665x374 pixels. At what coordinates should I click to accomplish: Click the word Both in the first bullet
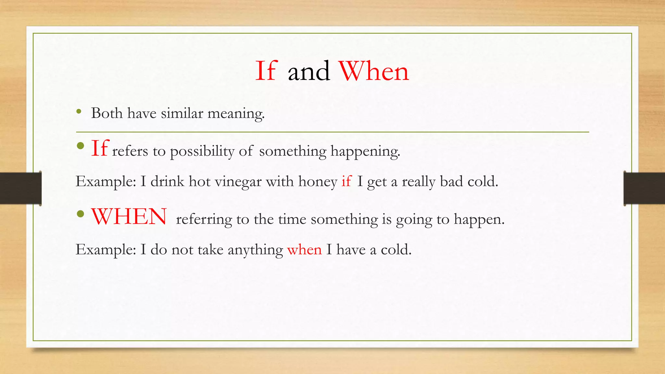point(107,113)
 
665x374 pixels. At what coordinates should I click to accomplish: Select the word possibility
point(202,151)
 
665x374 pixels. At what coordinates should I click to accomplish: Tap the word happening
point(365,151)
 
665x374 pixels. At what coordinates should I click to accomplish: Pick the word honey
point(318,182)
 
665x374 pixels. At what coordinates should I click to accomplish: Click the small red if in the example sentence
point(346,181)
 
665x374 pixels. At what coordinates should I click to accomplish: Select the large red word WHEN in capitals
point(129,217)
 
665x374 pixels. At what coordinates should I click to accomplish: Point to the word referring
point(204,219)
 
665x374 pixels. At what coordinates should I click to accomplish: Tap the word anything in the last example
point(255,250)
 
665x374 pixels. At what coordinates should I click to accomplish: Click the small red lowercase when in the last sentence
point(305,250)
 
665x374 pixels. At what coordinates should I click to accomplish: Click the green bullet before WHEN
point(81,214)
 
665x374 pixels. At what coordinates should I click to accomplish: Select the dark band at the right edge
point(644,188)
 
